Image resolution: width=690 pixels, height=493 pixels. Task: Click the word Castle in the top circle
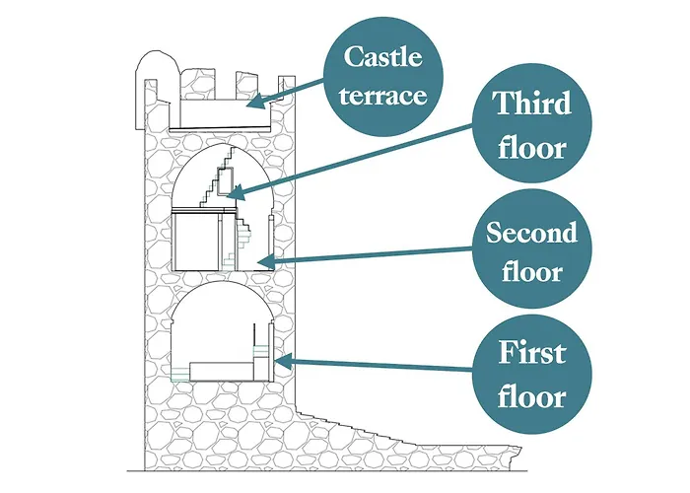pyautogui.click(x=382, y=57)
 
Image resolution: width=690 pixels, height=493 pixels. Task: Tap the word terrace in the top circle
pyautogui.click(x=382, y=96)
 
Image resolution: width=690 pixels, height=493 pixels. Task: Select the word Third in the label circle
pyautogui.click(x=532, y=103)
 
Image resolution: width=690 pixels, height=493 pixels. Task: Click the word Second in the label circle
pyautogui.click(x=531, y=233)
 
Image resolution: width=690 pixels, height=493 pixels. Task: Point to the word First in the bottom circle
pyautogui.click(x=532, y=352)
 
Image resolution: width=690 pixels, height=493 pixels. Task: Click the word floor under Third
pyautogui.click(x=532, y=148)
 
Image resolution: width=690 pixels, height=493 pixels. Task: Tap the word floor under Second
pyautogui.click(x=532, y=271)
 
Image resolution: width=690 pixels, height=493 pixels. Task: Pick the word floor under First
pyautogui.click(x=532, y=396)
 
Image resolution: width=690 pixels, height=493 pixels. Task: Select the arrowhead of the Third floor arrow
pyautogui.click(x=237, y=193)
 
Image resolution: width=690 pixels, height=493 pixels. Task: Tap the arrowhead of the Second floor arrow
pyautogui.click(x=265, y=263)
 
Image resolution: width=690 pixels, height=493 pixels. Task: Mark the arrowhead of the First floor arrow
pyautogui.click(x=283, y=362)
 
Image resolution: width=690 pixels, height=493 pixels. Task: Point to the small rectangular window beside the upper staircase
pyautogui.click(x=226, y=181)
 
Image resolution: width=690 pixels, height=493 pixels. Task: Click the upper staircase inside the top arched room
pyautogui.click(x=217, y=176)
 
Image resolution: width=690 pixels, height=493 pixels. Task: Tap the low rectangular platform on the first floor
pyautogui.click(x=222, y=371)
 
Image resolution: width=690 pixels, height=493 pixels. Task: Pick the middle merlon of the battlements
pyautogui.click(x=245, y=86)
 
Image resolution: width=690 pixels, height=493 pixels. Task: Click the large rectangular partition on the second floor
pyautogui.click(x=197, y=241)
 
